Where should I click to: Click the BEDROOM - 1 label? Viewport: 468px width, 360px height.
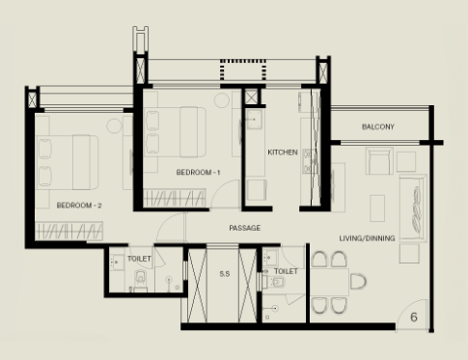(198, 173)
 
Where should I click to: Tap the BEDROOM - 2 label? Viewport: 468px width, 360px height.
(79, 206)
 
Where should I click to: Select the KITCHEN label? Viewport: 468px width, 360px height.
(283, 152)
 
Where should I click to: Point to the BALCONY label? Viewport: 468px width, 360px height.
(378, 126)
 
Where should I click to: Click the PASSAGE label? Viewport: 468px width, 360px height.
(245, 228)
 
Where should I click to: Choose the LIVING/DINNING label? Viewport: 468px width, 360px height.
(367, 238)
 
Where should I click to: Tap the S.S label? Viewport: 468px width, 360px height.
(225, 274)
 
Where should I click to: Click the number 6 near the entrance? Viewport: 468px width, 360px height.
(414, 318)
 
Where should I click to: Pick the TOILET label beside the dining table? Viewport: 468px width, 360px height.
(286, 271)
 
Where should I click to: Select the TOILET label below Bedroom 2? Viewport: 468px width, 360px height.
(139, 259)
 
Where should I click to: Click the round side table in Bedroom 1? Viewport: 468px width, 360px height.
(222, 100)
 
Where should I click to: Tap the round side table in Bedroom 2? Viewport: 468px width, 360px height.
(114, 125)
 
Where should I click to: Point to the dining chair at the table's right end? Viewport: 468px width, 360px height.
(358, 282)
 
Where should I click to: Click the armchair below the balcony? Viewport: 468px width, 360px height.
(379, 161)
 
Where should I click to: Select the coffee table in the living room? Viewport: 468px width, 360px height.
(377, 208)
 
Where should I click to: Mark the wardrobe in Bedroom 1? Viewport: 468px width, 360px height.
(175, 198)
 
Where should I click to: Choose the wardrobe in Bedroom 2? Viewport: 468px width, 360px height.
(69, 231)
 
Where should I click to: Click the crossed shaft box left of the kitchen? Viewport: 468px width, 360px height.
(251, 97)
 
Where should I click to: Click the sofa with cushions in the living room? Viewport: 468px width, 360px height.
(413, 208)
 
